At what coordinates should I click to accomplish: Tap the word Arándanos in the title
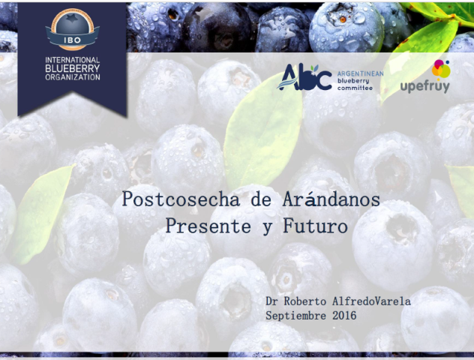[331, 199]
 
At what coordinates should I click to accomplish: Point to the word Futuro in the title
[315, 226]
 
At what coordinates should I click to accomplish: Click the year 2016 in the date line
[344, 316]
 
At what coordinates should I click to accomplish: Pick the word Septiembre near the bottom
[295, 316]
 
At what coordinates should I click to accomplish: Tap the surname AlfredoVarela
[371, 301]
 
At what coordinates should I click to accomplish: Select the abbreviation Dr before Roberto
[271, 301]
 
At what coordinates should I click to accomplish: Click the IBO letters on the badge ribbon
[73, 40]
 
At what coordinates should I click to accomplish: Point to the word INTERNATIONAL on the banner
[73, 60]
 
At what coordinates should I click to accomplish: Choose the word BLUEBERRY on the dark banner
[73, 68]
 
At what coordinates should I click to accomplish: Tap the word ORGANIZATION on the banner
[73, 77]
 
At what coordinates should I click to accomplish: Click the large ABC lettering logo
[304, 77]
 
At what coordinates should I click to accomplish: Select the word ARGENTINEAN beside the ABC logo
[360, 73]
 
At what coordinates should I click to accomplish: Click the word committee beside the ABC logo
[355, 88]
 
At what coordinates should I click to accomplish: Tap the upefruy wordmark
[425, 86]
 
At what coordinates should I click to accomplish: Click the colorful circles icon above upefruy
[441, 69]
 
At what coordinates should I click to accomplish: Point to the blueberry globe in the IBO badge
[73, 23]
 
